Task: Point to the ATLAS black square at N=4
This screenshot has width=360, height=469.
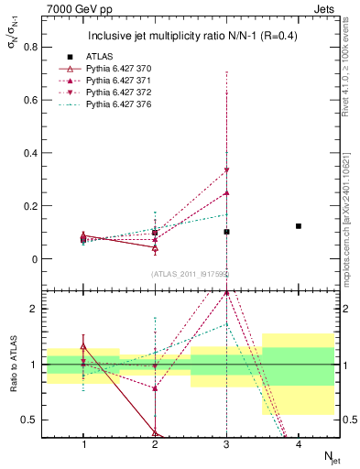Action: pyautogui.click(x=299, y=225)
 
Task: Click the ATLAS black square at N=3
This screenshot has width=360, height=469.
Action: pyautogui.click(x=226, y=232)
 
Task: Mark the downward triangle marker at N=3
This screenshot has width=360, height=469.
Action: pyautogui.click(x=226, y=170)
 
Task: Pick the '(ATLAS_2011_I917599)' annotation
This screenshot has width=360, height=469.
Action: pyautogui.click(x=190, y=274)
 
